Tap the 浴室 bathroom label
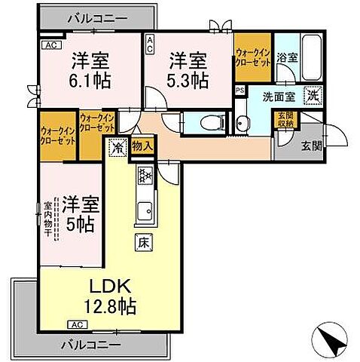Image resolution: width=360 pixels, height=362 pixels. [x=286, y=56]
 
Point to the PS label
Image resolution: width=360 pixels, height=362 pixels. [x=239, y=90]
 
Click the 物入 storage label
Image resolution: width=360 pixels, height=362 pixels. [x=142, y=147]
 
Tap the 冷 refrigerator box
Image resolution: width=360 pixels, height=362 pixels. [x=117, y=148]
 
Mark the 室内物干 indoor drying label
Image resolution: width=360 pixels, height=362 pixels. [x=47, y=219]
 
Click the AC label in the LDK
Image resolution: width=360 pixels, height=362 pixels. [x=75, y=324]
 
